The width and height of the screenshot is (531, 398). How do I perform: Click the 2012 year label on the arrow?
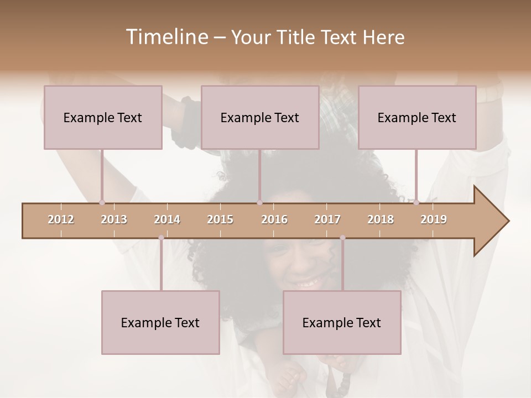(61, 219)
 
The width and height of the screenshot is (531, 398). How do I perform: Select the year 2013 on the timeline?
(114, 219)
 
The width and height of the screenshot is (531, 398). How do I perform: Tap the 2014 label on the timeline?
(167, 219)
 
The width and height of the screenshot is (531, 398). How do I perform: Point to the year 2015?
(220, 219)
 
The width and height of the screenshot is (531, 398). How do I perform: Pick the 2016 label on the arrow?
(274, 219)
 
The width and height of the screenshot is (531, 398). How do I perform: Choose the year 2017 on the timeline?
(327, 219)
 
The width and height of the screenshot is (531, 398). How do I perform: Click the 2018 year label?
(381, 219)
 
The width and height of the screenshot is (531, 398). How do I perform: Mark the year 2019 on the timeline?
(434, 219)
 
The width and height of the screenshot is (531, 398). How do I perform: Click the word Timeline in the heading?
(166, 37)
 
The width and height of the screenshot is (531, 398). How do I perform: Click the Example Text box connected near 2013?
(103, 117)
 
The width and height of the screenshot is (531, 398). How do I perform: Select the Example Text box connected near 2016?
(260, 117)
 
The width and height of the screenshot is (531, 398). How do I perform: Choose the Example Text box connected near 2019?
(417, 117)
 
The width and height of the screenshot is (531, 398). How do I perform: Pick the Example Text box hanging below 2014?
(160, 322)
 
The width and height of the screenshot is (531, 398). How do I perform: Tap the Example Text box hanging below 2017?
(342, 322)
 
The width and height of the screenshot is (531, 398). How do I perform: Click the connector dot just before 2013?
(102, 203)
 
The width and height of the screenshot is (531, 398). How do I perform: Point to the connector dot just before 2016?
(259, 203)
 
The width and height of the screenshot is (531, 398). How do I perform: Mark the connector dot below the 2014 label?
(161, 238)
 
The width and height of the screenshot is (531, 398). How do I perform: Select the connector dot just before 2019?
(417, 203)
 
